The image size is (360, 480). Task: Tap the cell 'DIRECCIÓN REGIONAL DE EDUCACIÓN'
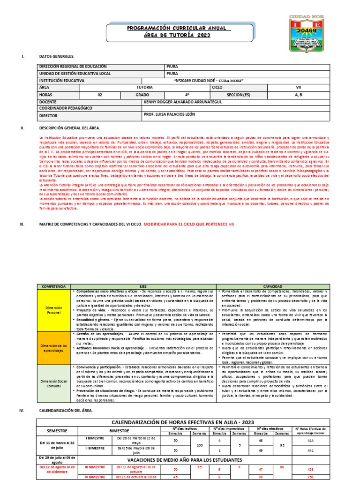coord(67,67)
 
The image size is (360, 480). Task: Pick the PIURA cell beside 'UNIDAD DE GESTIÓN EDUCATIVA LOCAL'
coord(172,74)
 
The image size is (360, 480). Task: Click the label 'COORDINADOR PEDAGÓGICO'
coord(66,108)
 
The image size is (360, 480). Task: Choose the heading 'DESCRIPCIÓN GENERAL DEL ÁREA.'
coord(69,127)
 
